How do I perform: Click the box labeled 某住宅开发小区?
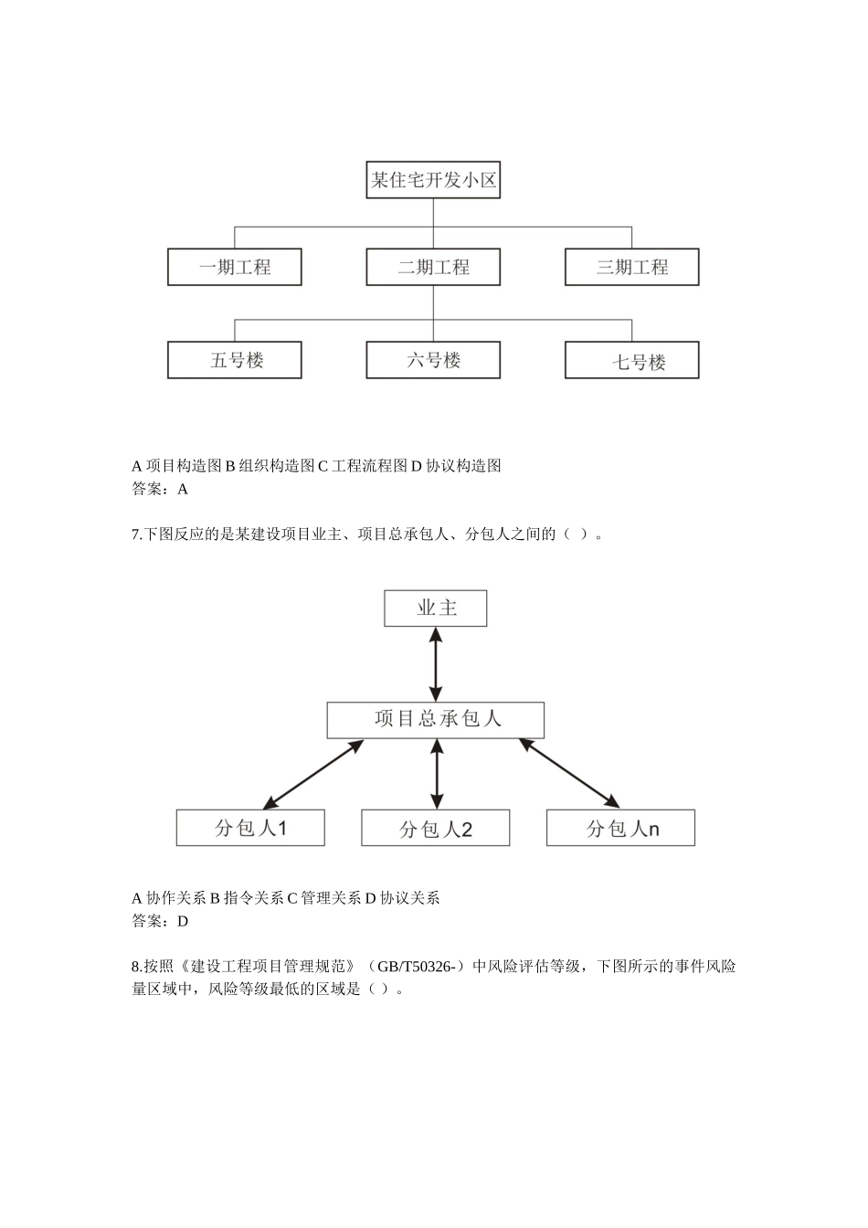(433, 181)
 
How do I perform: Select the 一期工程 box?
(235, 268)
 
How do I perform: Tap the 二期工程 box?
(433, 268)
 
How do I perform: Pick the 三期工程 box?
(631, 268)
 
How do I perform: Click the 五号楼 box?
(235, 360)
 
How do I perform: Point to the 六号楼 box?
(433, 360)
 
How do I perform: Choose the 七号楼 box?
(631, 361)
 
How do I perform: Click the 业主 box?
(436, 609)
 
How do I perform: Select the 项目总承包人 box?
(436, 720)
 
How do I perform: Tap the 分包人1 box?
(250, 828)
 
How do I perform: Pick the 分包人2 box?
(436, 829)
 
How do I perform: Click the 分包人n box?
(621, 828)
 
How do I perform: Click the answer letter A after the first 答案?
(183, 489)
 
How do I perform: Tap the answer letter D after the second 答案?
(183, 921)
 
